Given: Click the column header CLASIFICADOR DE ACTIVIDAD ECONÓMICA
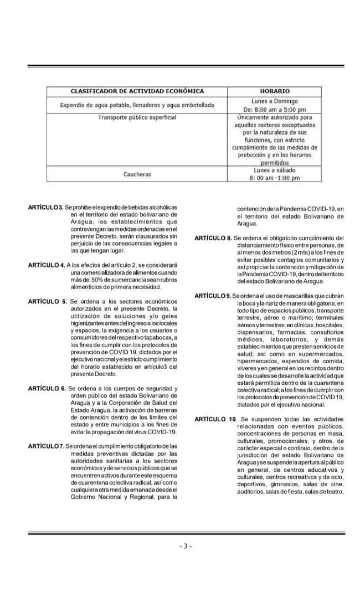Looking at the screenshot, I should pos(137,91).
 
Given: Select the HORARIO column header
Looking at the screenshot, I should pos(274,91).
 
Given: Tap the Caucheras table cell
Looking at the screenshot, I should pos(137,174).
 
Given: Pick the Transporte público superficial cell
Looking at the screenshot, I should pos(137,117).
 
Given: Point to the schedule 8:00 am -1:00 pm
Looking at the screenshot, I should pos(274,178).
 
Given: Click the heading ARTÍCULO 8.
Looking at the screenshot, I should pos(213,238).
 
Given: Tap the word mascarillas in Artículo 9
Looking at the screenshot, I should pos(299,296).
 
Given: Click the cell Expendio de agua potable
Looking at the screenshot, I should pos(137,105).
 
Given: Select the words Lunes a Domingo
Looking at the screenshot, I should pos(274,101).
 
